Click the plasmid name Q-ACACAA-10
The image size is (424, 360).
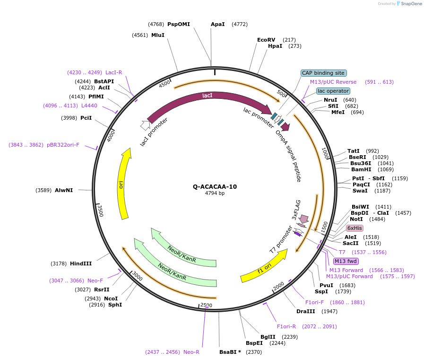click(x=215, y=186)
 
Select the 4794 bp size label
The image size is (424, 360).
click(x=215, y=193)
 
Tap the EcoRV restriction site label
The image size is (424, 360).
click(x=266, y=40)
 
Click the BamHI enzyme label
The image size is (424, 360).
click(x=361, y=169)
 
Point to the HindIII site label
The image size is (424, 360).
click(x=81, y=263)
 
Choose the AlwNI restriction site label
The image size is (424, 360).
click(x=64, y=190)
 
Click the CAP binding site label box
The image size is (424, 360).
click(x=324, y=73)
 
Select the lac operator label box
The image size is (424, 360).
click(x=333, y=91)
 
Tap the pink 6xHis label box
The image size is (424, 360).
click(x=355, y=228)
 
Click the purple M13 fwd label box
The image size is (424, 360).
click(x=346, y=261)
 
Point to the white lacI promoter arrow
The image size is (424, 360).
click(x=145, y=125)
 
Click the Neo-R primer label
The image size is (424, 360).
click(x=191, y=352)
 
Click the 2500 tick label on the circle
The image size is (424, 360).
click(x=207, y=305)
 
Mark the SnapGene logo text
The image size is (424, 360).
click(x=410, y=4)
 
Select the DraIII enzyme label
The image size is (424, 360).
click(x=305, y=311)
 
